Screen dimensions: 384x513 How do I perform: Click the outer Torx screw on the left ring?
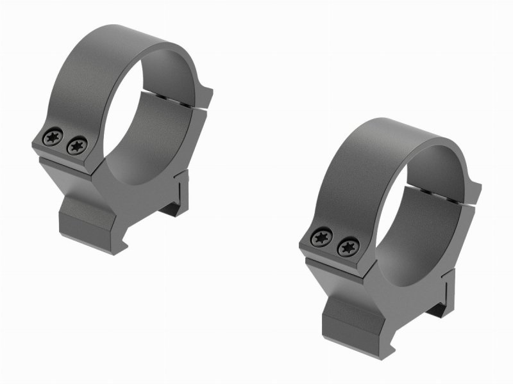pyautogui.click(x=51, y=136)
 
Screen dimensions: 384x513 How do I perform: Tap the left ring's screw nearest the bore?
pyautogui.click(x=76, y=145)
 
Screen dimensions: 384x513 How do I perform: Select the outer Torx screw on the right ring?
pyautogui.click(x=319, y=238)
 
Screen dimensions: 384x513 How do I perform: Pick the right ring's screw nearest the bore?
pyautogui.click(x=346, y=246)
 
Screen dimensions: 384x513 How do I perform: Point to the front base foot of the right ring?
pyautogui.click(x=353, y=323)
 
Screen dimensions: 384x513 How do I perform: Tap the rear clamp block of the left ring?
pyautogui.click(x=181, y=189)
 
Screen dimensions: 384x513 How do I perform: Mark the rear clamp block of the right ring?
pyautogui.click(x=449, y=288)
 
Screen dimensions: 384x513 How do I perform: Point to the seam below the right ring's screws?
pyautogui.click(x=333, y=260)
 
